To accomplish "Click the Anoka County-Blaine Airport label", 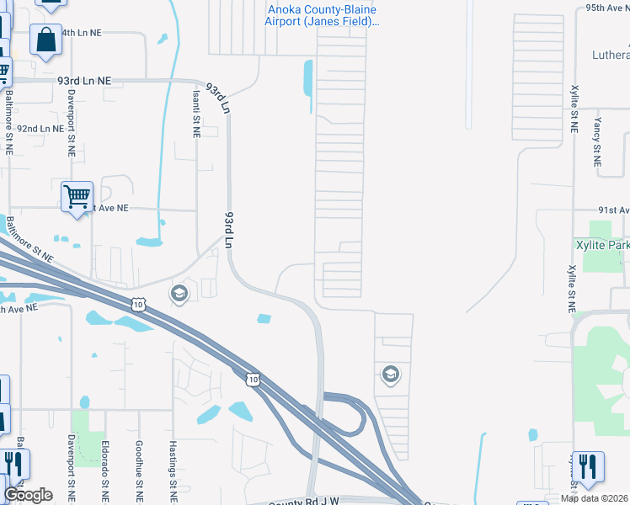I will click(321, 15).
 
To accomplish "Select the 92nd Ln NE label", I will click(40, 129).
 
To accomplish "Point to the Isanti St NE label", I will click(195, 110).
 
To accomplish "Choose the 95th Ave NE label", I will click(607, 7).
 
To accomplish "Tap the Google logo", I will click(28, 495).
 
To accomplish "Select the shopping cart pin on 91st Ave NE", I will click(77, 197).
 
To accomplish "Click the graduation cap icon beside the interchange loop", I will click(390, 374).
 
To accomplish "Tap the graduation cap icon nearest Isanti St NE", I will click(179, 294).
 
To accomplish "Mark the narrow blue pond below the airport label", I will click(307, 78).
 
